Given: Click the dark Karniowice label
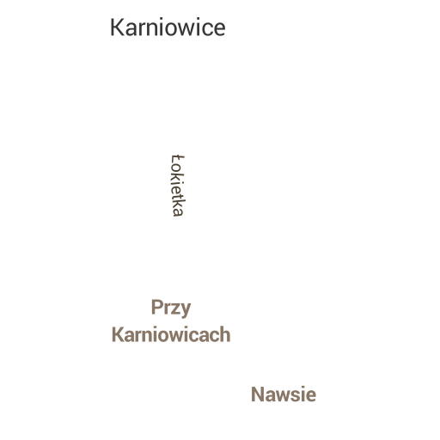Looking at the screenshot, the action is (168, 27).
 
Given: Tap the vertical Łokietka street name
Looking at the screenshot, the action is (178, 186).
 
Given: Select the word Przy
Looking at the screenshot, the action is (171, 309).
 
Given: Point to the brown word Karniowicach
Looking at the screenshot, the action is (171, 334).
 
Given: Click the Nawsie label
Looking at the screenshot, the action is (284, 394).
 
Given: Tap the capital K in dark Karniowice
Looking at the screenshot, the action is (117, 27).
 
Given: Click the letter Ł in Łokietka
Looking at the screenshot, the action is (178, 159).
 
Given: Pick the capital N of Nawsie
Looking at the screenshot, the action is (258, 394).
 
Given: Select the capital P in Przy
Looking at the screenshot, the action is (157, 307).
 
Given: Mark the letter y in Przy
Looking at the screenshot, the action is (186, 310).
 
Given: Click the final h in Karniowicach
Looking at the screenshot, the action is (225, 334).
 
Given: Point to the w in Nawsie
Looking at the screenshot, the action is (285, 396).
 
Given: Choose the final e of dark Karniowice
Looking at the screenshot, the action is (220, 29).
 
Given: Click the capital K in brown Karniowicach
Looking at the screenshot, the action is (118, 334).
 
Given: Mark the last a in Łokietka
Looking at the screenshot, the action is (178, 212).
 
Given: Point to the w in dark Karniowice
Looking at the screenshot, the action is (186, 29).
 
